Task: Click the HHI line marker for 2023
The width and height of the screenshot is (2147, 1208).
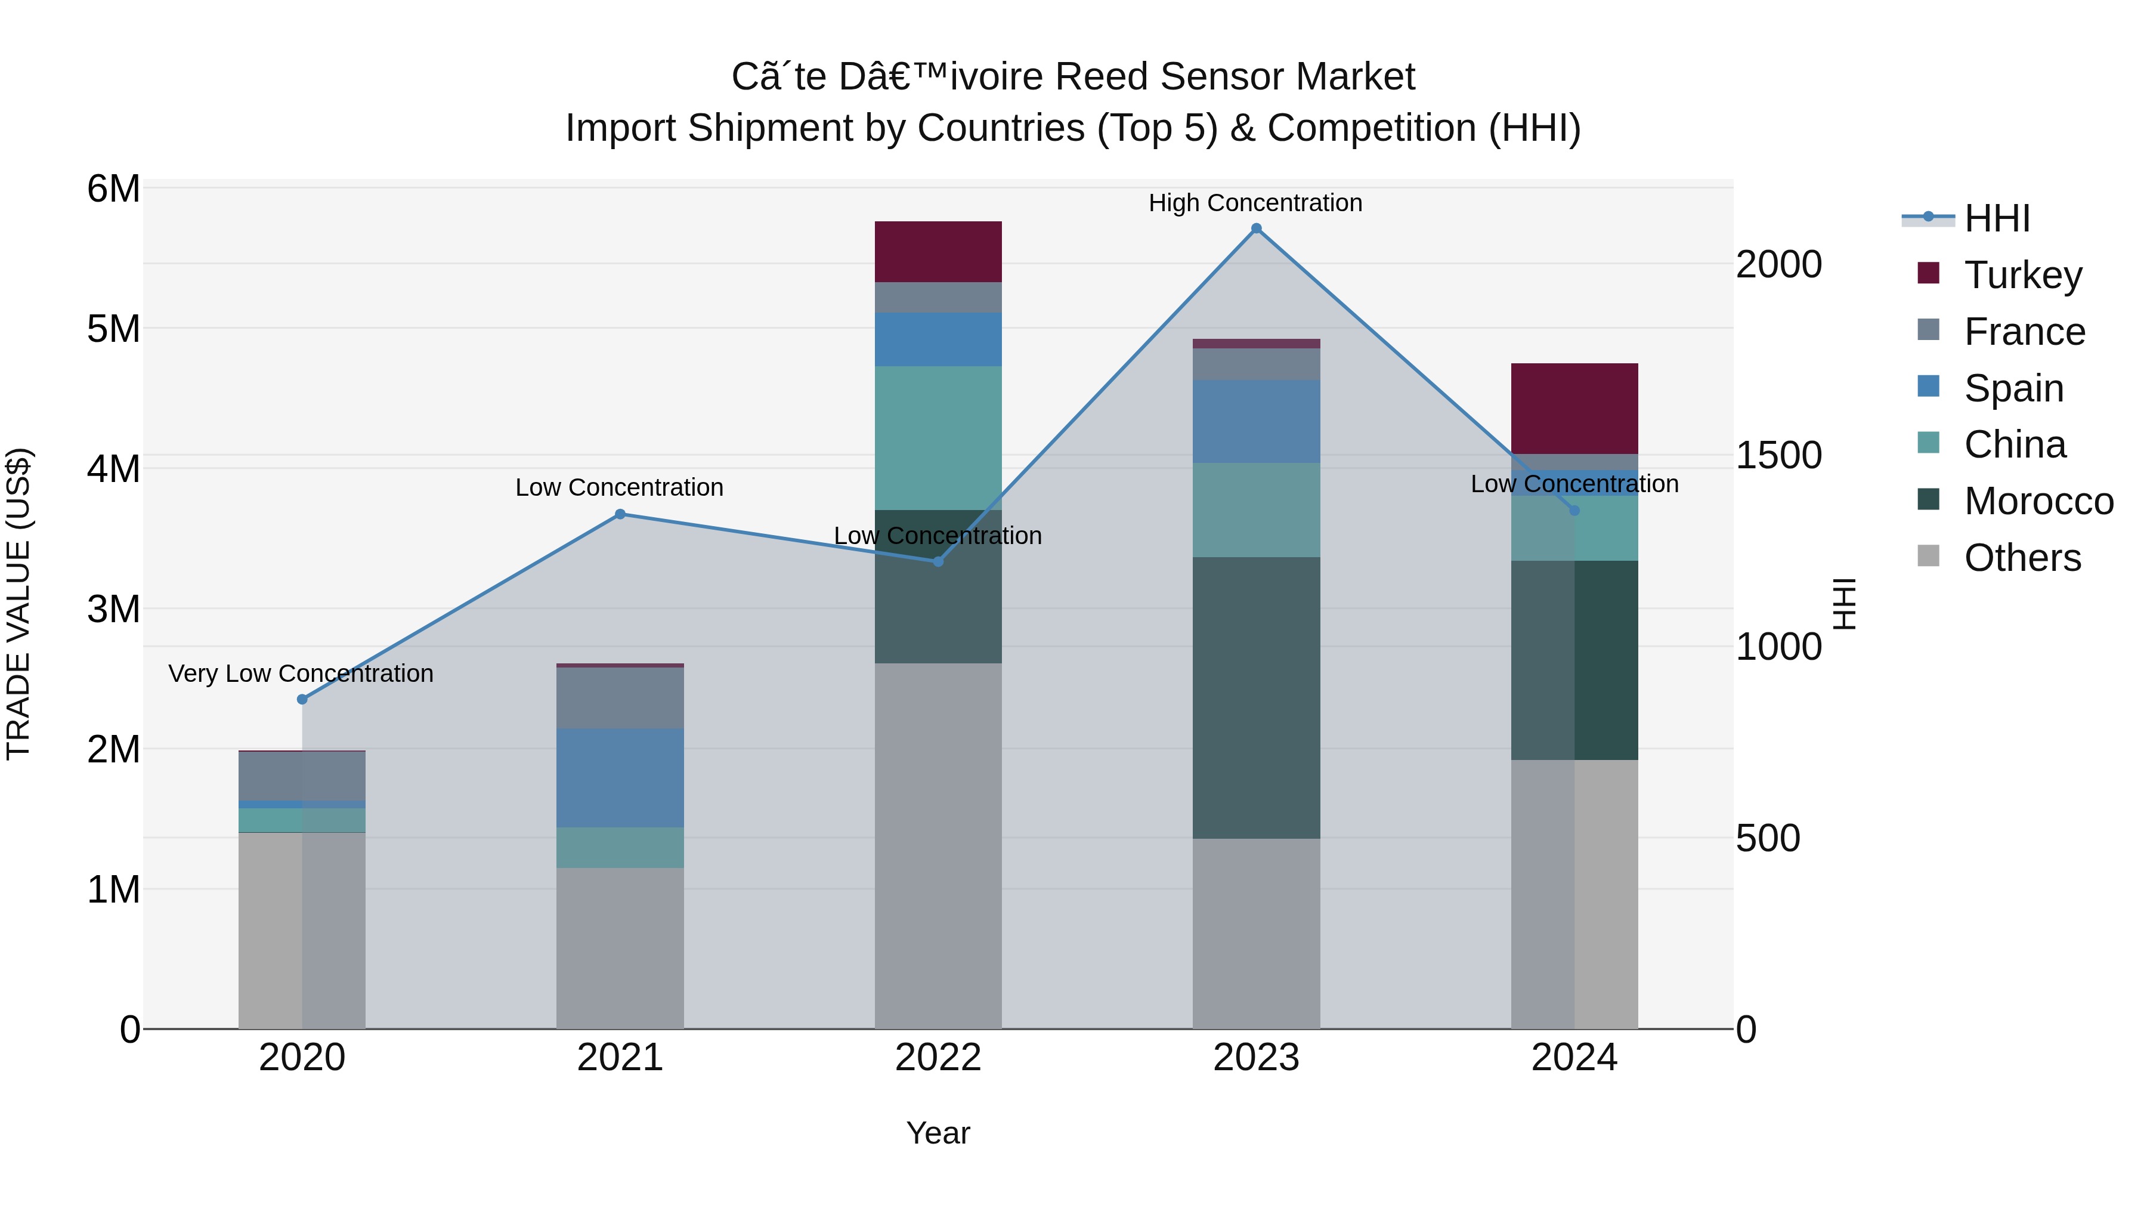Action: pyautogui.click(x=1256, y=228)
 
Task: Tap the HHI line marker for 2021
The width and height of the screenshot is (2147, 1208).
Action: pyautogui.click(x=620, y=514)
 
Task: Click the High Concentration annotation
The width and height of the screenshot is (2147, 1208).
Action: pyautogui.click(x=1255, y=203)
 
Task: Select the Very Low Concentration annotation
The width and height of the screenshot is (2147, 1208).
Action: pyautogui.click(x=301, y=673)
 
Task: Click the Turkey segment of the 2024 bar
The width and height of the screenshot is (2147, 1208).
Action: pyautogui.click(x=1574, y=409)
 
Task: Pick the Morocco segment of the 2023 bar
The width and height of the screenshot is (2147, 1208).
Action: pyautogui.click(x=1256, y=698)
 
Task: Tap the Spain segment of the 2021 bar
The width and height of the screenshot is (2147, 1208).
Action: pyautogui.click(x=620, y=778)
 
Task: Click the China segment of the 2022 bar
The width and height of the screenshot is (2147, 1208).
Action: pyautogui.click(x=938, y=438)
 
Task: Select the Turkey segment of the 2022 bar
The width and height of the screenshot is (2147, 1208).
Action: pyautogui.click(x=938, y=252)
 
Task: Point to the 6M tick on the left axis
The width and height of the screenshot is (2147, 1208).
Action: pyautogui.click(x=113, y=189)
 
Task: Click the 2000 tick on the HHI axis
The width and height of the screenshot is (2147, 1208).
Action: pyautogui.click(x=1778, y=265)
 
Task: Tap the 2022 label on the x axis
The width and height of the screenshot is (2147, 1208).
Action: pyautogui.click(x=938, y=1058)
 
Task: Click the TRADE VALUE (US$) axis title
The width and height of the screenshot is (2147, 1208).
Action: pyautogui.click(x=18, y=604)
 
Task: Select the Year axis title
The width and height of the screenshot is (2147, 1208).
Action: pyautogui.click(x=938, y=1133)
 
